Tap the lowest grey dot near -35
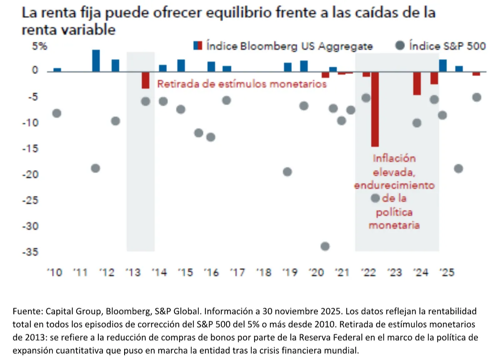(x=325, y=246)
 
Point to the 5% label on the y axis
(x=40, y=47)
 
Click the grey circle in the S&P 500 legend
(x=400, y=45)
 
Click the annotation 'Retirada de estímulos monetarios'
(x=242, y=84)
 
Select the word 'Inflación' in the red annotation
(x=394, y=159)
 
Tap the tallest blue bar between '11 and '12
(x=96, y=60)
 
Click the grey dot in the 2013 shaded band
(x=145, y=101)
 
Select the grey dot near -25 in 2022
(x=375, y=198)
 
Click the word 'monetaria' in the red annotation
(x=394, y=225)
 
